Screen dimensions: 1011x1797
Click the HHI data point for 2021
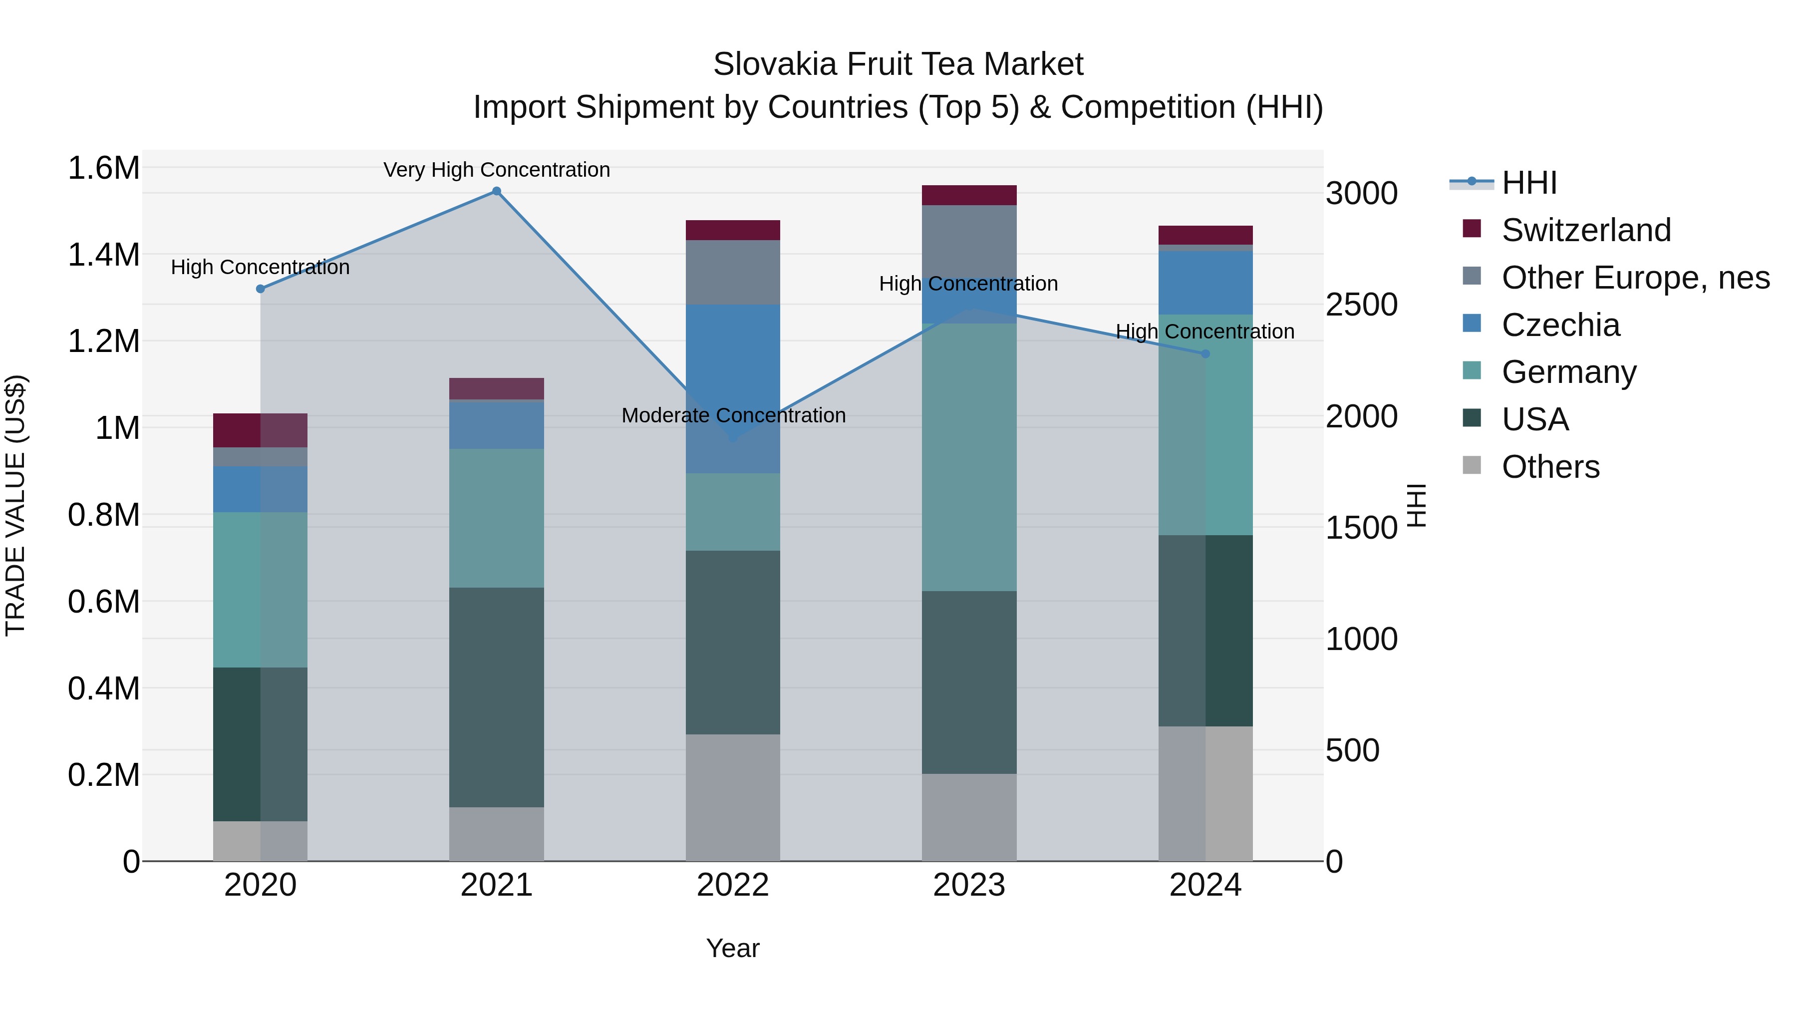tap(496, 191)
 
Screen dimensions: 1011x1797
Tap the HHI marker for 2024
tap(1205, 354)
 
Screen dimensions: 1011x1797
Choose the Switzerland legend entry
tap(1586, 230)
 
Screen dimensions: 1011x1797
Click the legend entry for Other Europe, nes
tap(1635, 278)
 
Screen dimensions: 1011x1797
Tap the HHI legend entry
tap(1528, 183)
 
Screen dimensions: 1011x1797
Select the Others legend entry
tap(1550, 467)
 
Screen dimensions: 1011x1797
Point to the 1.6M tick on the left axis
tap(103, 168)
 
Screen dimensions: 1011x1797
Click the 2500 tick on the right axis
tap(1361, 305)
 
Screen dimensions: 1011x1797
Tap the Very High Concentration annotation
tap(496, 170)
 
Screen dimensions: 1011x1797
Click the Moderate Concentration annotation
tap(733, 415)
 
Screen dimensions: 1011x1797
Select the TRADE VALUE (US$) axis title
tap(15, 505)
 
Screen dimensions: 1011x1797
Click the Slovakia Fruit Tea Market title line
tap(898, 64)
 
